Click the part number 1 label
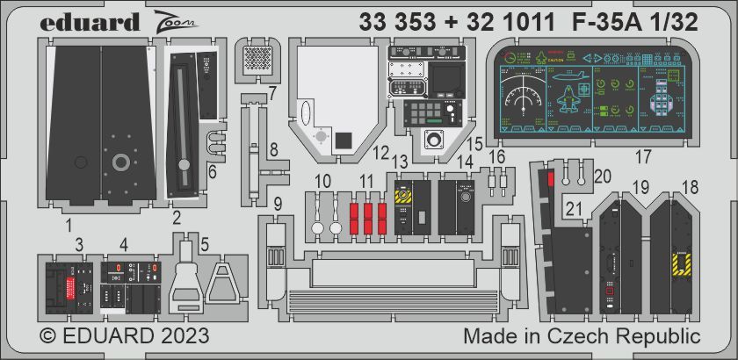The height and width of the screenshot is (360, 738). pyautogui.click(x=69, y=225)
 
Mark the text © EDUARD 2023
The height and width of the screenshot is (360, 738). pyautogui.click(x=124, y=337)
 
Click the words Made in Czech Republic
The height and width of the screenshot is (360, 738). pyautogui.click(x=581, y=337)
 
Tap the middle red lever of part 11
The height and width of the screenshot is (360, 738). pyautogui.click(x=368, y=217)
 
